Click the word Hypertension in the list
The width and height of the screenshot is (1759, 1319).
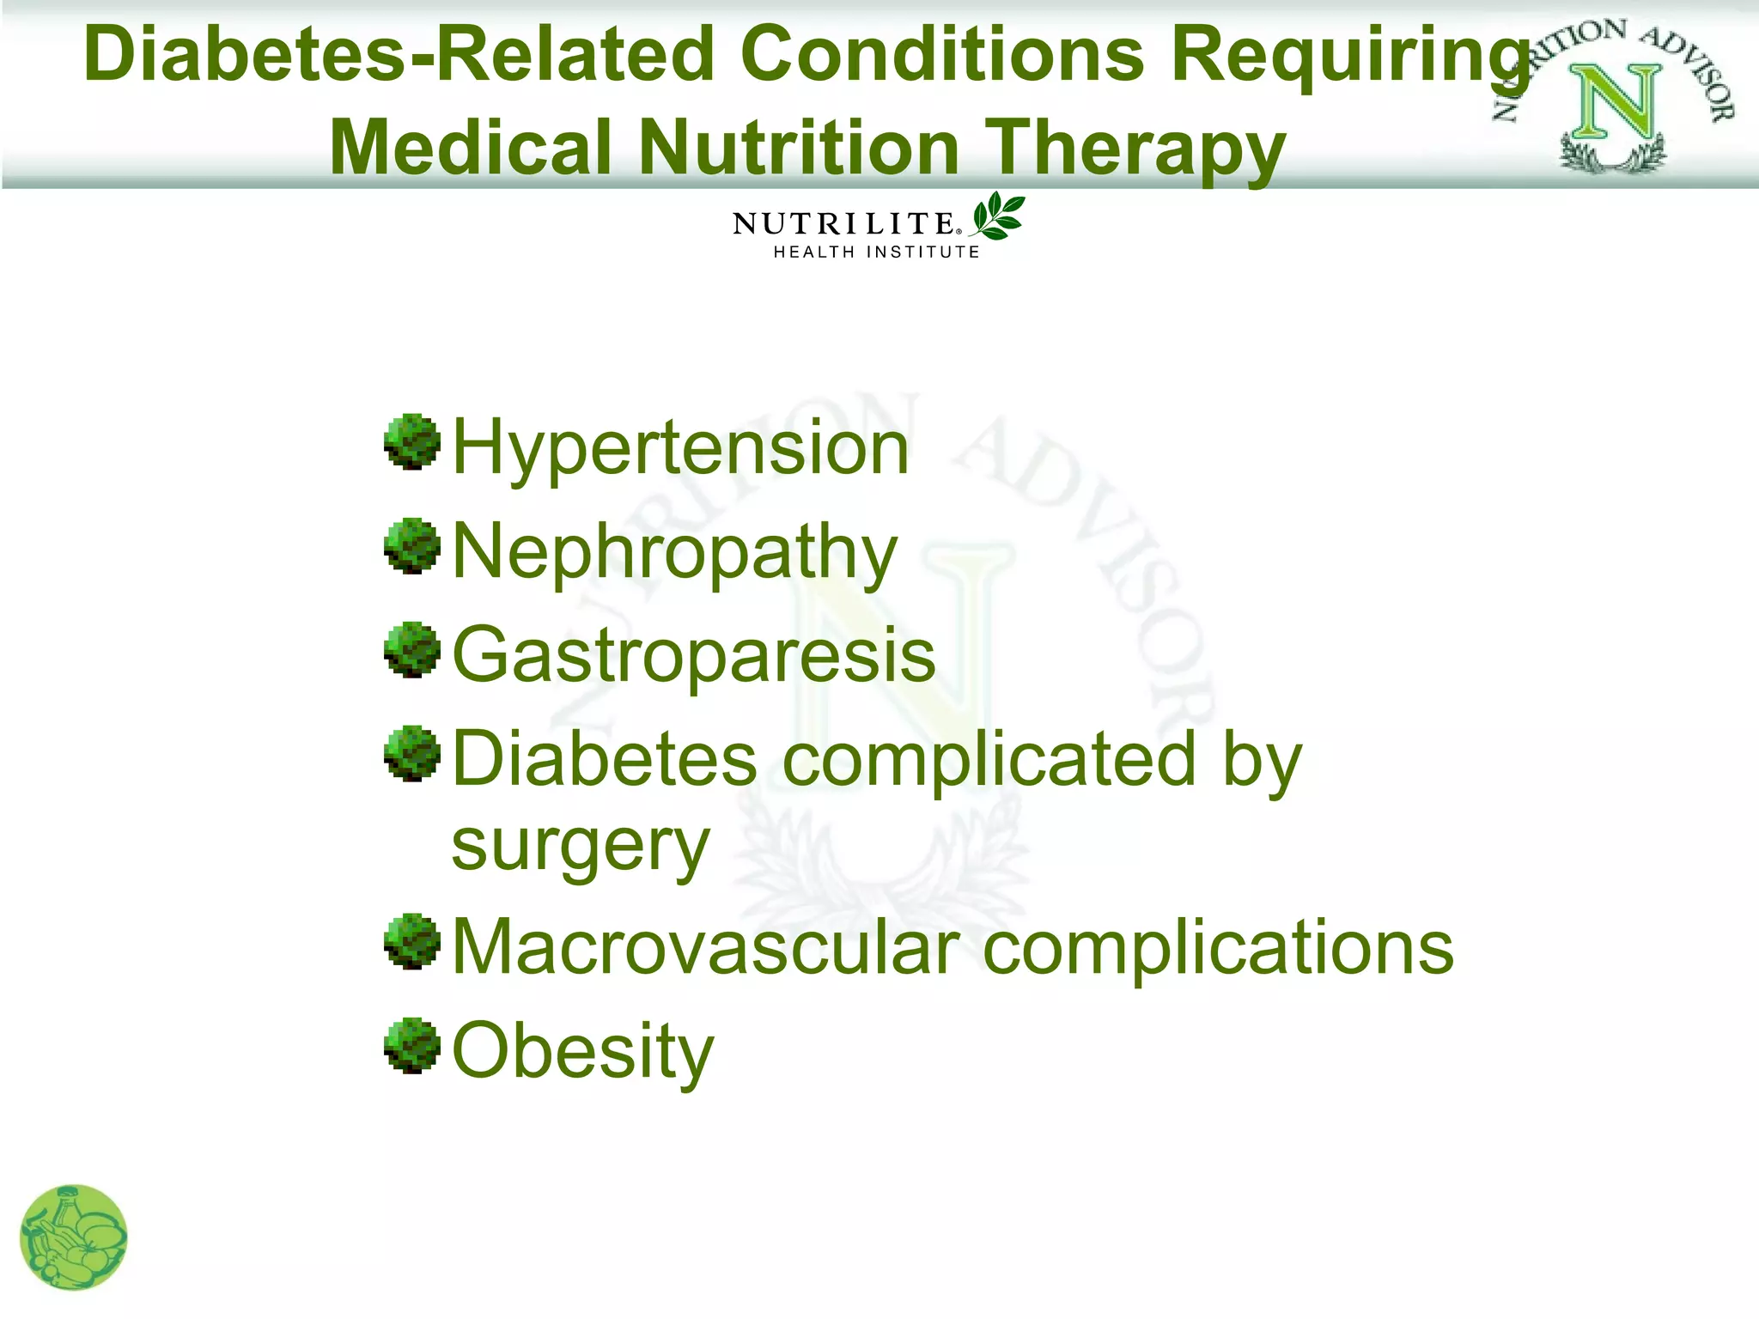coord(679,448)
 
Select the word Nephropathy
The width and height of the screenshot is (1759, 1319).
coord(674,552)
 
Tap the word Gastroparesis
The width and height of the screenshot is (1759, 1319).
coord(693,656)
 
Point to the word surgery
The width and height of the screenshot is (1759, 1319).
coord(581,846)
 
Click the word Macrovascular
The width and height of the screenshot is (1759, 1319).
coord(705,948)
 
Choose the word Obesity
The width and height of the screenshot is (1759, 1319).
coord(582,1051)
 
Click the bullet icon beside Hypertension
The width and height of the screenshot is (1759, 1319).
coord(412,442)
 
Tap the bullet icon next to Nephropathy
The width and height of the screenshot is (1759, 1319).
coord(412,545)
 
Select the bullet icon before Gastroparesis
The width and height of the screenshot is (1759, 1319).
coord(412,650)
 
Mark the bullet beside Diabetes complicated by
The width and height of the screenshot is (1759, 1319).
coord(412,754)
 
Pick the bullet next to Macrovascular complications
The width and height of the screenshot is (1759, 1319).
coord(412,941)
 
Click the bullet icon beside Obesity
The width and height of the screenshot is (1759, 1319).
coord(412,1045)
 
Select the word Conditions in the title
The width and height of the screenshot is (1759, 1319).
coord(941,55)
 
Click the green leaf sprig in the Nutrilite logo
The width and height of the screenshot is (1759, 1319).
coord(997,216)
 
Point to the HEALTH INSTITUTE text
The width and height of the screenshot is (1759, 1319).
coord(876,252)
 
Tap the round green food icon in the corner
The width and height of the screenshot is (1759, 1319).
coord(74,1237)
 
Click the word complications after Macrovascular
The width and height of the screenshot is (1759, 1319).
coord(1218,948)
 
